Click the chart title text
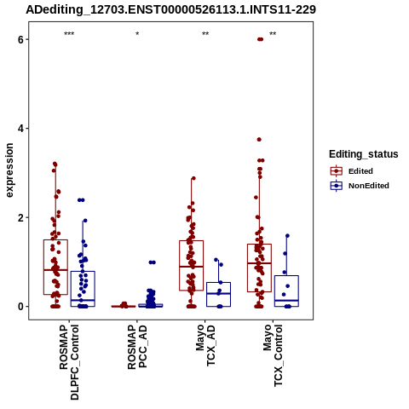coord(170,9)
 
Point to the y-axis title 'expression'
coord(9,170)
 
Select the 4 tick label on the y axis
coord(20,129)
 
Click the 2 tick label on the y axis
coord(20,217)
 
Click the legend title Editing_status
coord(364,154)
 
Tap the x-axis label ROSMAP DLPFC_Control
coord(69,362)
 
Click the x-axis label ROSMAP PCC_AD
coord(137,347)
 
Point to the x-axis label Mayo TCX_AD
coord(205,345)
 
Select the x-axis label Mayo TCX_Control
coord(274,355)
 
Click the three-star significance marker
coord(69,34)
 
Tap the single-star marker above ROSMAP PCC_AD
coord(137,34)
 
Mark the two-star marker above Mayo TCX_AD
coord(205,34)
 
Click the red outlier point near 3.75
coord(259,140)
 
